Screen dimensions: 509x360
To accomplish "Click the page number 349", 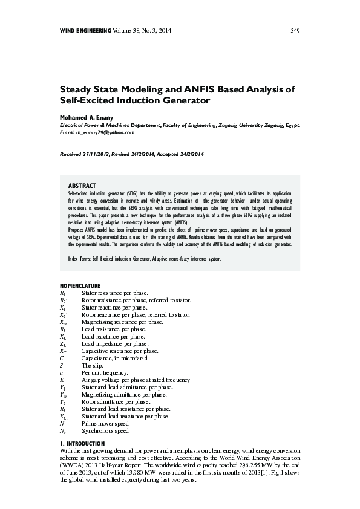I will tap(296, 30).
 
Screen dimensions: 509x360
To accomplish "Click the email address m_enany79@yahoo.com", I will tap(105, 132).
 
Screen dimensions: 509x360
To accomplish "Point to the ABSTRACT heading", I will tap(82, 185).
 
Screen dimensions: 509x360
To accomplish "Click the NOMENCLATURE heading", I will tap(83, 285).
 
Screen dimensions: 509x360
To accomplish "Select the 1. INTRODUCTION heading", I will tap(83, 444).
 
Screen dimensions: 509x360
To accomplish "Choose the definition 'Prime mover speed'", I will tap(105, 424).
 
